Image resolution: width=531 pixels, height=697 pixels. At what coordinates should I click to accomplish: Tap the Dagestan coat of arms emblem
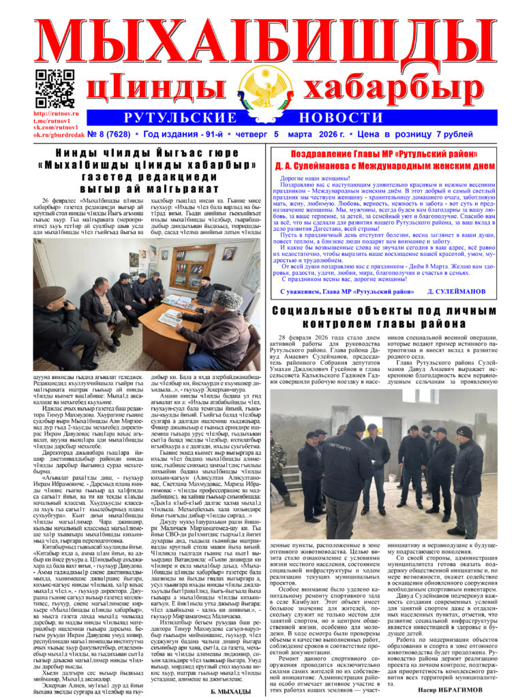click(x=265, y=84)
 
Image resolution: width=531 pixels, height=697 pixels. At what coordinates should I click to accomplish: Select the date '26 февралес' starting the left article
click(x=61, y=201)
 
